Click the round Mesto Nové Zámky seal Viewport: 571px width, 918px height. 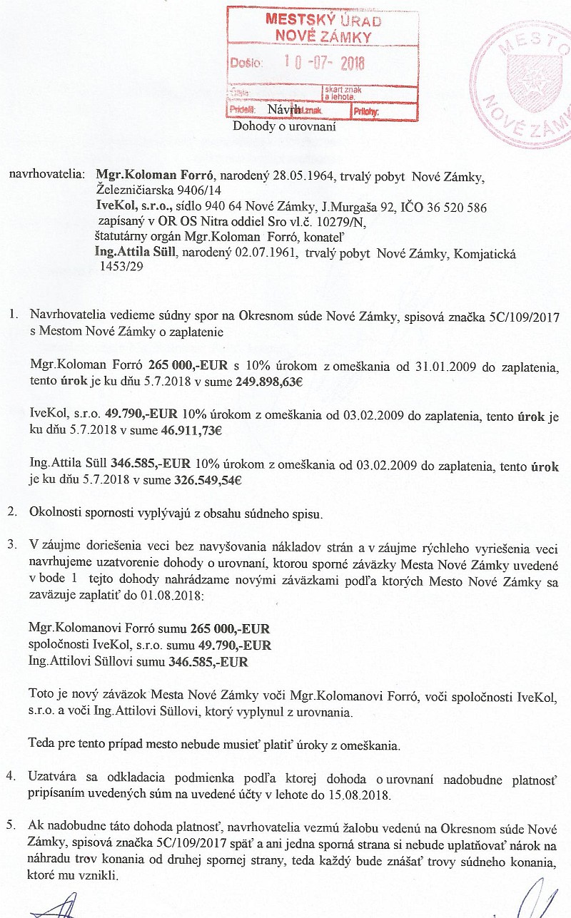click(528, 82)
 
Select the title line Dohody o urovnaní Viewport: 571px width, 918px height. click(284, 127)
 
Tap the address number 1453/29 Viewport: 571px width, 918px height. click(121, 269)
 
